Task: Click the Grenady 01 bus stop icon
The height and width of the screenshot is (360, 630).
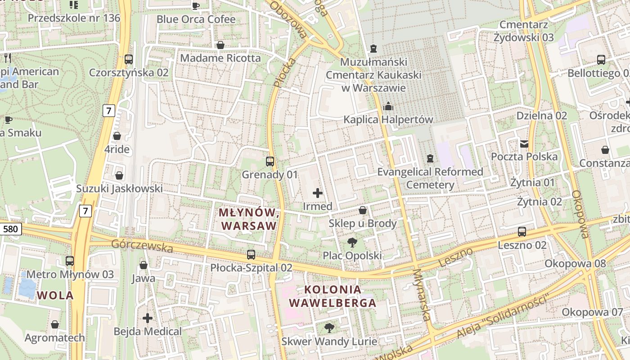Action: click(x=270, y=161)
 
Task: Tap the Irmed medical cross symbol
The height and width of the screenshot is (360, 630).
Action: click(x=318, y=193)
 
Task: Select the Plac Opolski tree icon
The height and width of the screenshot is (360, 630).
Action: click(x=352, y=243)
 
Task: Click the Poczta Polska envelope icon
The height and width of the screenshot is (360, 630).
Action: click(x=524, y=144)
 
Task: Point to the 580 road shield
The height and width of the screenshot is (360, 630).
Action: click(x=10, y=229)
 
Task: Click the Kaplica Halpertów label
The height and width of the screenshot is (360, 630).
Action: click(x=388, y=120)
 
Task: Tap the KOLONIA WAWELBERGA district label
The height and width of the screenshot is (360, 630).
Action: click(x=333, y=296)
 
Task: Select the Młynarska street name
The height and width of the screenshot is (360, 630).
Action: click(x=421, y=295)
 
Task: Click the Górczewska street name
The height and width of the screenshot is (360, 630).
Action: click(x=142, y=246)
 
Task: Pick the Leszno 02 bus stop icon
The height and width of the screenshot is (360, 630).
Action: click(x=522, y=232)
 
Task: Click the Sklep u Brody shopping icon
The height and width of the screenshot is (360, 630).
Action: click(x=363, y=210)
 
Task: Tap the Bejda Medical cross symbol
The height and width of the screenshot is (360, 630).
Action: click(x=148, y=318)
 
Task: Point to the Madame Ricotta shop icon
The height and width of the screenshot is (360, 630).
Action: click(x=220, y=45)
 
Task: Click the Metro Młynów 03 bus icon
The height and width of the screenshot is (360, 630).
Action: click(x=70, y=261)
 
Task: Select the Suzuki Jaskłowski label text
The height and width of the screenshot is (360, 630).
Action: click(x=119, y=189)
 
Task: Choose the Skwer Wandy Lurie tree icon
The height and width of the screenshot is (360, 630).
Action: click(x=329, y=327)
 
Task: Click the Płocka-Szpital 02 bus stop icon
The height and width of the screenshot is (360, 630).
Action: click(x=251, y=254)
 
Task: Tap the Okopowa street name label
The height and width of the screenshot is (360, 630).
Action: click(x=580, y=214)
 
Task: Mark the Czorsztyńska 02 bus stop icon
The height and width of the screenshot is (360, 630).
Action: click(x=129, y=59)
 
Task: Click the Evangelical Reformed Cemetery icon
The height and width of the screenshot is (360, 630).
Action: click(x=431, y=158)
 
